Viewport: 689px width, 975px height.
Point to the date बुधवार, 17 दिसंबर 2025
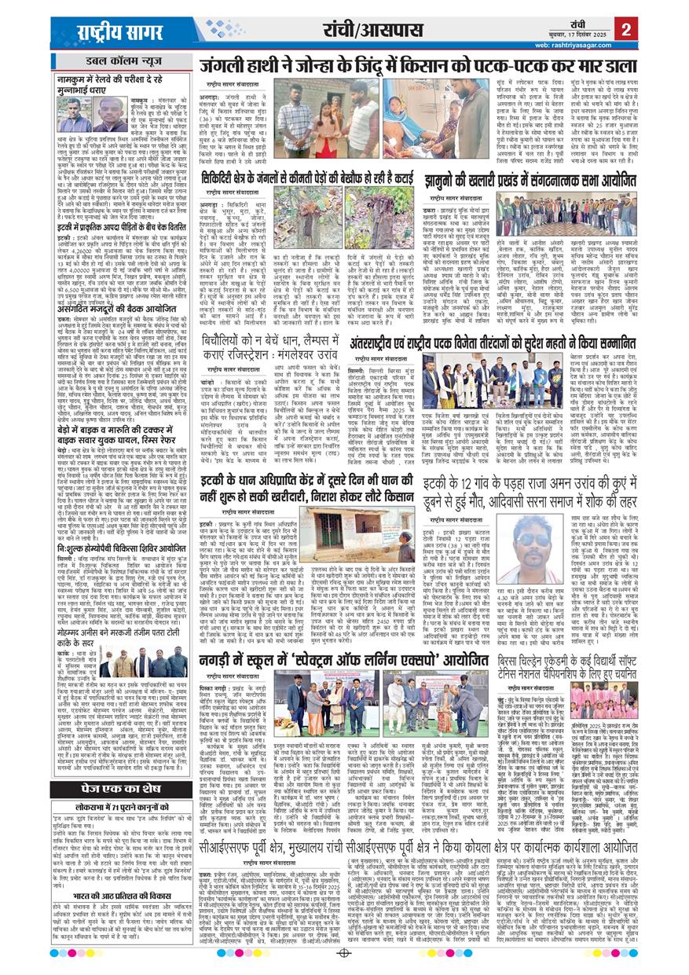point(574,35)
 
